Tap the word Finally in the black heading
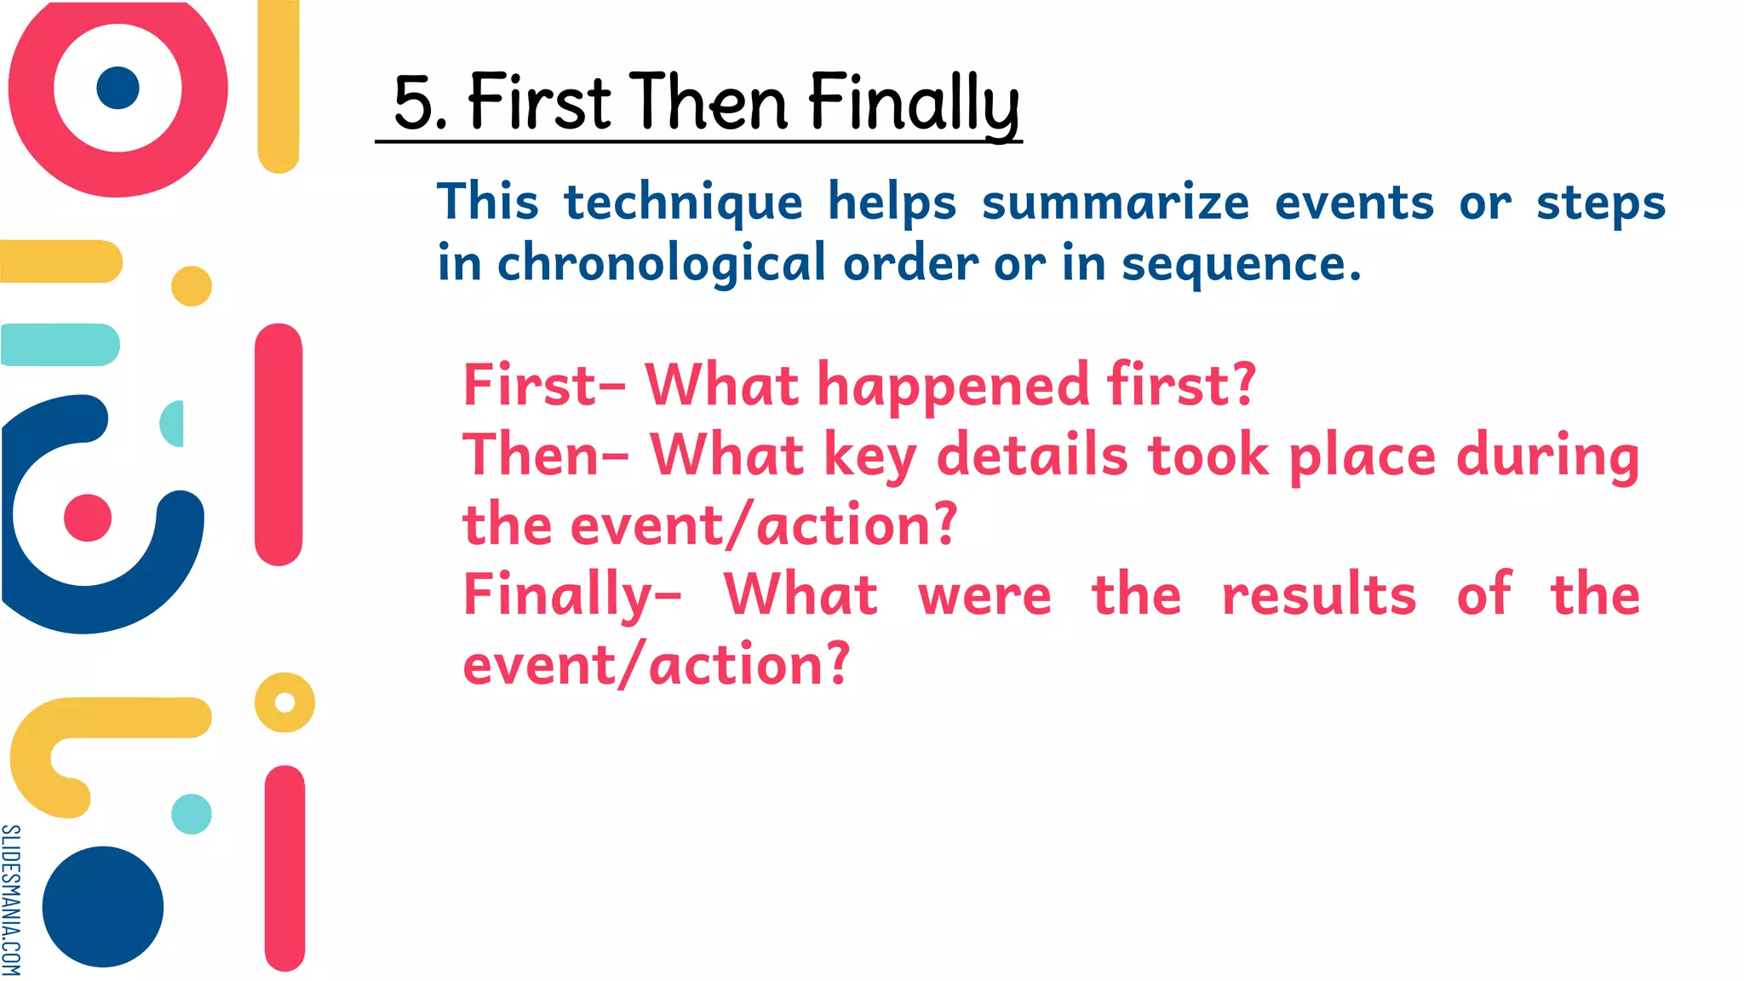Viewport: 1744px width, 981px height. pyautogui.click(x=913, y=103)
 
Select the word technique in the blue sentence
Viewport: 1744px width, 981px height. pyautogui.click(x=683, y=203)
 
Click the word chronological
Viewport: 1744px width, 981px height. pyautogui.click(x=661, y=263)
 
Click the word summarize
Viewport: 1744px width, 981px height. pyautogui.click(x=1115, y=203)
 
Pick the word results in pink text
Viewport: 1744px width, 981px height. pyautogui.click(x=1318, y=594)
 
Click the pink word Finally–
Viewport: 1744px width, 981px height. pyautogui.click(x=571, y=594)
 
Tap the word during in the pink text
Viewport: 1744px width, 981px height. pyautogui.click(x=1547, y=455)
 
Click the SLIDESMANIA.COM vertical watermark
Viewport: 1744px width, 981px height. pyautogui.click(x=11, y=899)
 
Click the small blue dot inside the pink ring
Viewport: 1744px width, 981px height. pyautogui.click(x=118, y=88)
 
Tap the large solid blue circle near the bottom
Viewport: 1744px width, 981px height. pyautogui.click(x=103, y=906)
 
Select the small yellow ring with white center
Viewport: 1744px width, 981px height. pyautogui.click(x=284, y=703)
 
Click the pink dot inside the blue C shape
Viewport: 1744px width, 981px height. pyautogui.click(x=88, y=518)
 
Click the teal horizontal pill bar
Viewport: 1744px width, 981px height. pyautogui.click(x=60, y=345)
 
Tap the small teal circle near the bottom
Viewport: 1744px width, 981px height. pyautogui.click(x=192, y=814)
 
